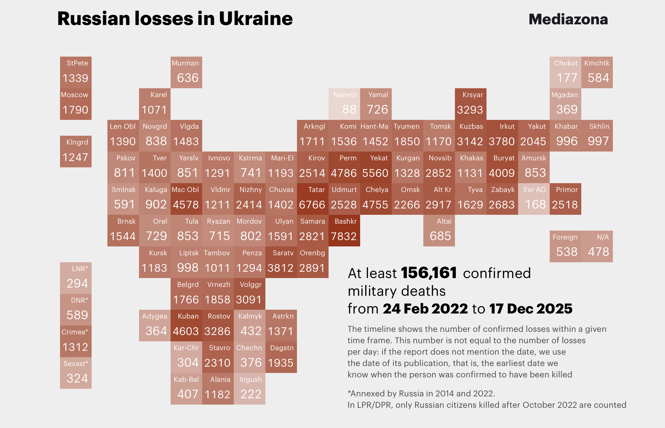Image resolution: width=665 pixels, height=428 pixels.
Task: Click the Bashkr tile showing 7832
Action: click(x=344, y=231)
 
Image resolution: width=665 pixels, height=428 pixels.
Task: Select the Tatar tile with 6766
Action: click(x=313, y=199)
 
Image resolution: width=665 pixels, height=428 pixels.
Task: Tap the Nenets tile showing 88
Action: click(x=344, y=104)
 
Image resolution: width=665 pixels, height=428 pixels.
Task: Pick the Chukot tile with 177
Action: click(x=565, y=72)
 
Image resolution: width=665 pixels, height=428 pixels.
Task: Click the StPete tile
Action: click(x=76, y=72)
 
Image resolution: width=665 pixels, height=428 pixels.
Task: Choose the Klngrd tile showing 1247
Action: click(x=76, y=152)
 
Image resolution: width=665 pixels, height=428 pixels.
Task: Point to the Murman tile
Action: click(x=186, y=72)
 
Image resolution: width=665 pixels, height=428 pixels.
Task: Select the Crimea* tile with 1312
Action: click(x=76, y=341)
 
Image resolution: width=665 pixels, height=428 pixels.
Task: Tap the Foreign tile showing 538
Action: click(x=565, y=246)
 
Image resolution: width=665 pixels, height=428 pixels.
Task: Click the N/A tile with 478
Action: click(x=597, y=246)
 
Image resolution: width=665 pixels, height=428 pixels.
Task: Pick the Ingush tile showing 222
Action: click(x=250, y=389)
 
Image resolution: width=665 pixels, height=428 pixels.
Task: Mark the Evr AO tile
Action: click(x=534, y=199)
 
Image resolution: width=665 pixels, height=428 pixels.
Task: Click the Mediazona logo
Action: click(x=568, y=19)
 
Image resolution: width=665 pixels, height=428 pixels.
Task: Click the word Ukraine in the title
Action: click(x=256, y=19)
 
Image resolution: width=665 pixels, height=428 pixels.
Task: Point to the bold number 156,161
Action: click(x=429, y=273)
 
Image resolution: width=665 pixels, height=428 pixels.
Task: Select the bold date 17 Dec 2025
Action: click(x=531, y=309)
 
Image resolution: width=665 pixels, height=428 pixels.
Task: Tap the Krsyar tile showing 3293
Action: click(x=471, y=104)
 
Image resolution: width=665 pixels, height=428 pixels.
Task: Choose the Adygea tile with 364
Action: click(x=155, y=326)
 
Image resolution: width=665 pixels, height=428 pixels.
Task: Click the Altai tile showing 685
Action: click(x=439, y=231)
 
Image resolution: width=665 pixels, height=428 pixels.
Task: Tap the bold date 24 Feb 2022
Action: click(x=425, y=309)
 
